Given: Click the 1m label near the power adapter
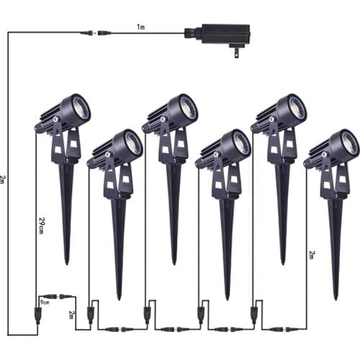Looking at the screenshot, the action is pos(141,27).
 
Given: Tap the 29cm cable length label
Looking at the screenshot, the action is pos(41,226).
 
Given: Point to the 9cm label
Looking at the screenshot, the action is pos(45,302).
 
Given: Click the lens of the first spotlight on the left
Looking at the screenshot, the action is pos(81,109).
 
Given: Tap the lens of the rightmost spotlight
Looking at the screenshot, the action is pos(350,145).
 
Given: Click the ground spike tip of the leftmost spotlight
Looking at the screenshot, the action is pos(67,264).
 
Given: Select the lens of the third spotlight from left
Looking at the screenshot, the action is pos(189,109).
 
